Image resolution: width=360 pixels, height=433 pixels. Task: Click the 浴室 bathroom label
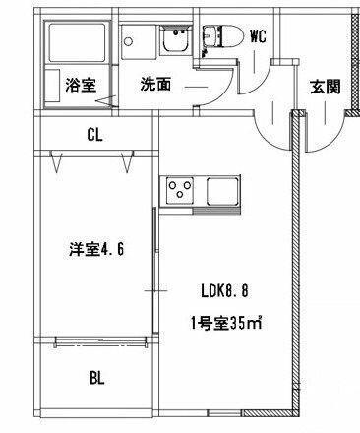click(81, 85)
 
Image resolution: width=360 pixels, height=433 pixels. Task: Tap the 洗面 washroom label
click(155, 84)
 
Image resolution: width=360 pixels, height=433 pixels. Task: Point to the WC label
click(259, 37)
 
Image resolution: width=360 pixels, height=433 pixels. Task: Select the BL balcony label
click(97, 378)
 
